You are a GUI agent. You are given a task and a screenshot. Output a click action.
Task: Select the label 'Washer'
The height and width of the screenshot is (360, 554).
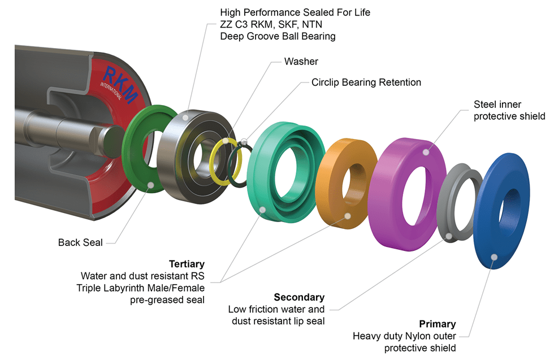(301, 61)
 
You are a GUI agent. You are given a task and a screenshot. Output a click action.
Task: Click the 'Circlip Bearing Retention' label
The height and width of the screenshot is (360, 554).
(366, 83)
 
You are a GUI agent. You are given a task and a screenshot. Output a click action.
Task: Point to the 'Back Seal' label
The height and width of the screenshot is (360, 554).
(80, 242)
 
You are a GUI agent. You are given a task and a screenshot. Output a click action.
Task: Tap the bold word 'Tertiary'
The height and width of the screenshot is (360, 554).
(187, 264)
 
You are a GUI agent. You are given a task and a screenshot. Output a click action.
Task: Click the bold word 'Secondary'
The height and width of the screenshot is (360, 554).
(299, 297)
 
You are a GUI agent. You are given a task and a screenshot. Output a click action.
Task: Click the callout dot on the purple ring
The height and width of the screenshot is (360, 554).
(427, 150)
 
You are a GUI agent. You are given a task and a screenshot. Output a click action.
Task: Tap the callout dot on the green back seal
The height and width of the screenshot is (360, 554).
(150, 185)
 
